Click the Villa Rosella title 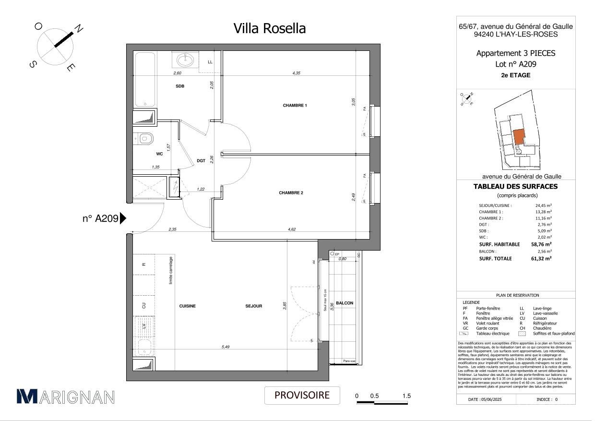click(269, 29)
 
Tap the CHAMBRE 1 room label click(295, 106)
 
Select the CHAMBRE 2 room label click(291, 193)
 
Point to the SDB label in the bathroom click(180, 86)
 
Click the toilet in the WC click(145, 139)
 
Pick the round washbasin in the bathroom click(184, 60)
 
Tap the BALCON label click(345, 303)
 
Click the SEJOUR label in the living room click(253, 306)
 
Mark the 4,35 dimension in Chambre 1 click(297, 73)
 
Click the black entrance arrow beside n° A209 click(123, 218)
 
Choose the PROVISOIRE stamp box click(302, 396)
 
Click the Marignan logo click(66, 396)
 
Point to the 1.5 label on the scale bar click(406, 396)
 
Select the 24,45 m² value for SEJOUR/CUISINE click(543, 205)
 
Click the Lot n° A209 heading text click(516, 64)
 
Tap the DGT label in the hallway click(201, 161)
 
